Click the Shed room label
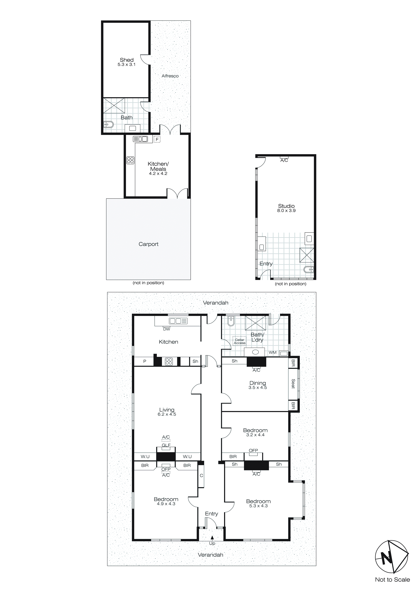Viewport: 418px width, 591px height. pyautogui.click(x=127, y=60)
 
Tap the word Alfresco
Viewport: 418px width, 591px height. pyautogui.click(x=170, y=76)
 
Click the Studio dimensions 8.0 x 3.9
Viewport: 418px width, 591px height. pyautogui.click(x=286, y=210)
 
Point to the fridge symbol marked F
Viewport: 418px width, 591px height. pyautogui.click(x=157, y=139)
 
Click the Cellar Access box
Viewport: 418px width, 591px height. pyautogui.click(x=240, y=341)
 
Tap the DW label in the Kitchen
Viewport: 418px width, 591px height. pyautogui.click(x=167, y=329)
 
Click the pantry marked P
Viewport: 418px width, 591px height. pyautogui.click(x=145, y=361)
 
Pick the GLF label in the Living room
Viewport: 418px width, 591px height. pyautogui.click(x=166, y=445)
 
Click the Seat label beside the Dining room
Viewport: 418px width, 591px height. pyautogui.click(x=293, y=384)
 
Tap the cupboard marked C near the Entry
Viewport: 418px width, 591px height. pyautogui.click(x=201, y=475)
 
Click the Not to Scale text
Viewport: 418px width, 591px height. pyautogui.click(x=392, y=579)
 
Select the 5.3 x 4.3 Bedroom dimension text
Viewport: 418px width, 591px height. pyautogui.click(x=258, y=506)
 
